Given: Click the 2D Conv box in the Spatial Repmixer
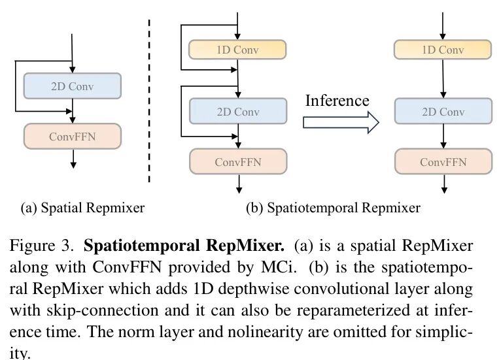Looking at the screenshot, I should tap(72, 86).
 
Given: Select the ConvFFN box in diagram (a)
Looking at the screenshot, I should tap(72, 137).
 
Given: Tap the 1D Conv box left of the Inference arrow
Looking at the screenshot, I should tap(238, 50).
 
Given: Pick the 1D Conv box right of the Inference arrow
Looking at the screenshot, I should tap(443, 50).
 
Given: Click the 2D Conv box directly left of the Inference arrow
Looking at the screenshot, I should tap(238, 112).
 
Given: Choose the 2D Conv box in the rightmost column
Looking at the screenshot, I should tap(443, 112).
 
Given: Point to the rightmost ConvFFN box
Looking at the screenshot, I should tap(443, 161).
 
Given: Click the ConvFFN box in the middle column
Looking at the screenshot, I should tap(238, 161).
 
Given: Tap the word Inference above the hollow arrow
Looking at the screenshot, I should tap(337, 101).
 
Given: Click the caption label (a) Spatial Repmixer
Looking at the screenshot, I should tap(82, 208).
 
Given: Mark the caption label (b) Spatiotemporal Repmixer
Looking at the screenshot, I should tap(333, 208).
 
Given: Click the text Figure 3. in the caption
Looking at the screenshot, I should tap(44, 247).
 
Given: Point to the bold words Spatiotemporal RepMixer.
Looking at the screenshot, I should tap(184, 247).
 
